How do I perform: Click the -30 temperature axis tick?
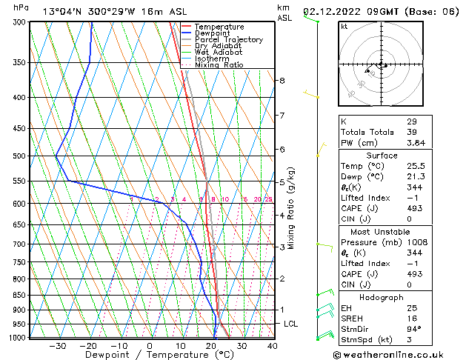click(x=58, y=345)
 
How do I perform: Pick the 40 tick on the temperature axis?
click(x=273, y=345)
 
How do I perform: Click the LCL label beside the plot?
click(x=291, y=324)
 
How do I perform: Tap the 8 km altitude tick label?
click(x=282, y=80)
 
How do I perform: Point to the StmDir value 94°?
click(x=413, y=329)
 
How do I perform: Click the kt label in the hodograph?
click(x=344, y=26)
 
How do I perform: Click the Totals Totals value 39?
click(x=412, y=132)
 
